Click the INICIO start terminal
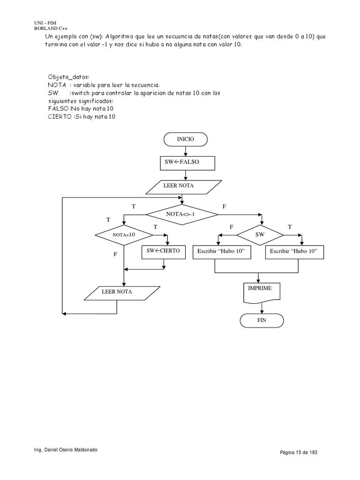point(186,140)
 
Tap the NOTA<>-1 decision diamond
point(182,214)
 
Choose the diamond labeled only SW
point(260,233)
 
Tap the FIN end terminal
point(262,321)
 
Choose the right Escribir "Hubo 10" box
point(294,252)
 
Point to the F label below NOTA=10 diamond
point(115,254)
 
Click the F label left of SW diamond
point(231,226)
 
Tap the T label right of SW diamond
point(289,226)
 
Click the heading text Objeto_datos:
point(72,77)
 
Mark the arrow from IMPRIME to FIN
point(262,307)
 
